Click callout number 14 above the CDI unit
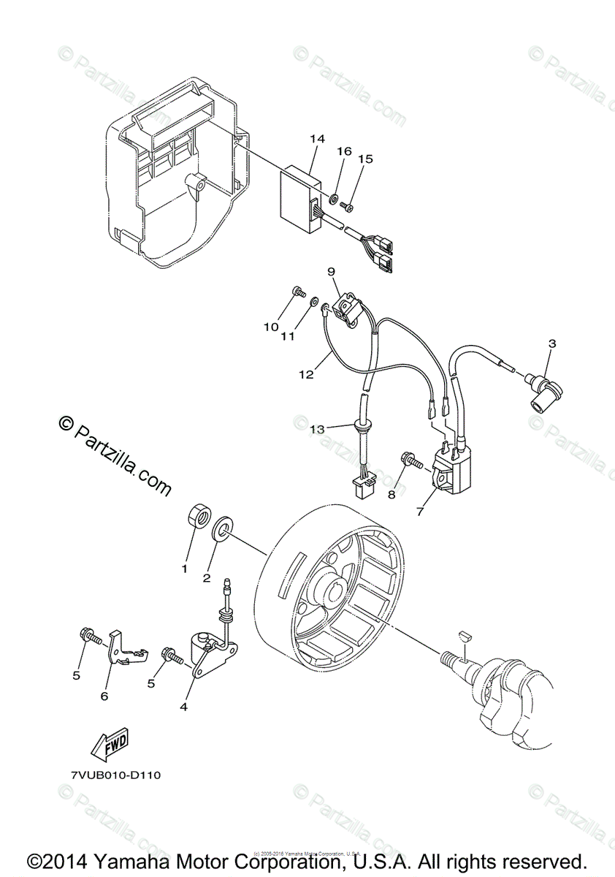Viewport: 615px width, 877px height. click(x=316, y=139)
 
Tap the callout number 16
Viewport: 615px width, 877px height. click(x=344, y=151)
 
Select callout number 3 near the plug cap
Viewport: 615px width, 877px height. click(x=552, y=343)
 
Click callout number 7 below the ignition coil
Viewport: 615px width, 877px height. click(x=420, y=512)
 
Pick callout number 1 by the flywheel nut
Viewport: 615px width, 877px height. click(x=185, y=568)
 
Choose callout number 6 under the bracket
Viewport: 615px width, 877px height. click(x=104, y=696)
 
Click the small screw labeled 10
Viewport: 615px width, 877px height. click(x=299, y=292)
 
